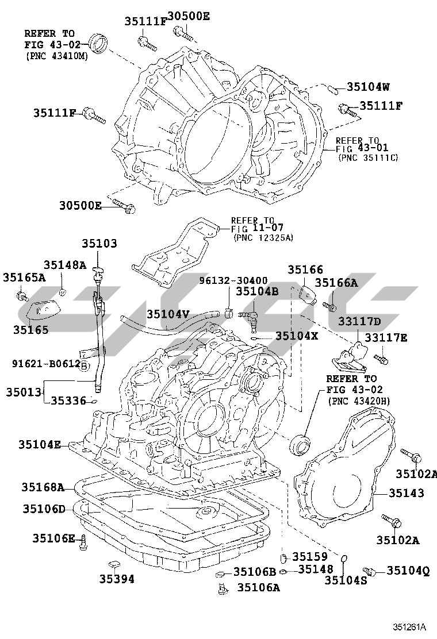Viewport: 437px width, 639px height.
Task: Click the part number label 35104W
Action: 368,87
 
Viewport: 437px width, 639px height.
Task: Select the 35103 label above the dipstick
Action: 99,244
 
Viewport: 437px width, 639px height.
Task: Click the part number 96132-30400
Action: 233,280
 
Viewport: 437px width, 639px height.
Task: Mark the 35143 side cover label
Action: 407,493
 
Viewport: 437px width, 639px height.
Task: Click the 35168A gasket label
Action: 43,487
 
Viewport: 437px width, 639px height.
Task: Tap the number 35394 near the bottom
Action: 117,579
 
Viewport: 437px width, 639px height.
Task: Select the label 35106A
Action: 259,587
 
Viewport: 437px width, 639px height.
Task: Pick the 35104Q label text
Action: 408,570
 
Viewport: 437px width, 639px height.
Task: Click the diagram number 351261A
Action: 409,626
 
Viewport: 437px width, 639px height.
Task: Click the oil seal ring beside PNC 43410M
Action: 99,43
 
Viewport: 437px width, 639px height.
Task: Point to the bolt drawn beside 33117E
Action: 381,359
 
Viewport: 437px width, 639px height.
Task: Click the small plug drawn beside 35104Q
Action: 370,571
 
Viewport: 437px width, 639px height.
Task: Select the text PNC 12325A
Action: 263,237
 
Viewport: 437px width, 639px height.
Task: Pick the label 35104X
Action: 296,336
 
